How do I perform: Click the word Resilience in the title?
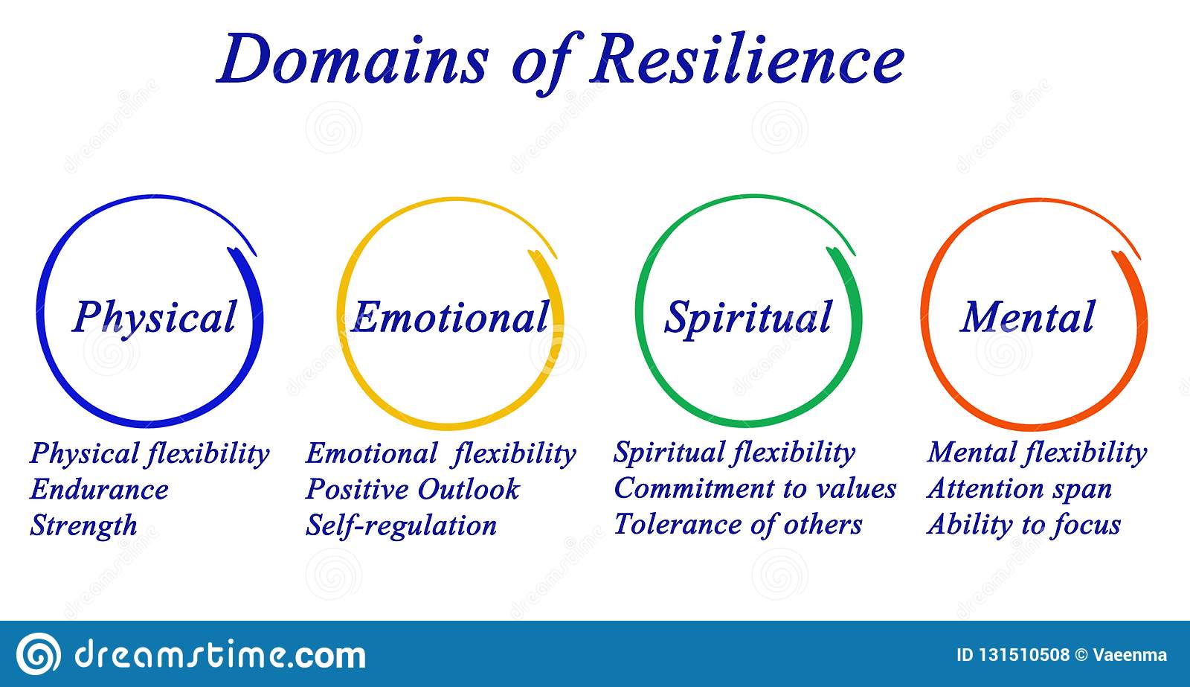747,60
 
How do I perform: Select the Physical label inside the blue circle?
155,317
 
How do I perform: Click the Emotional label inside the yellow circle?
450,317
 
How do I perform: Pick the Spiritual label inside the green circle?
748,317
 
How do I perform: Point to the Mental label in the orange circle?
1027,317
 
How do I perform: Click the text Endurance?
99,490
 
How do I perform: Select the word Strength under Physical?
83,525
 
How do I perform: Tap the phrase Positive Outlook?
412,490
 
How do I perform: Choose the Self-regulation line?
401,525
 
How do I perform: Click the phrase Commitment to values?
755,488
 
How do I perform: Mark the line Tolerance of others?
738,525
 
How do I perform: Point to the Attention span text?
1020,489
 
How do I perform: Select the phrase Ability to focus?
1024,525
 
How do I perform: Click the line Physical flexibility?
149,453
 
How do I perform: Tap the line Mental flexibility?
1037,453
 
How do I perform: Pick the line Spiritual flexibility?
734,453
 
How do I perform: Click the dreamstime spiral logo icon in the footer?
38,654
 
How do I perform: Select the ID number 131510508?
1023,655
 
